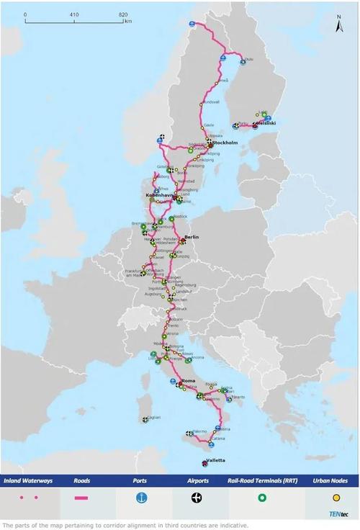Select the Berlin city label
(192, 237)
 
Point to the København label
(160, 195)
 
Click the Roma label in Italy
(189, 379)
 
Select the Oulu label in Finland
(249, 59)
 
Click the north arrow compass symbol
(338, 26)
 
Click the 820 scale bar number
(124, 14)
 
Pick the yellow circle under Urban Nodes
(336, 497)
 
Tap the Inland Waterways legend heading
(30, 479)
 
